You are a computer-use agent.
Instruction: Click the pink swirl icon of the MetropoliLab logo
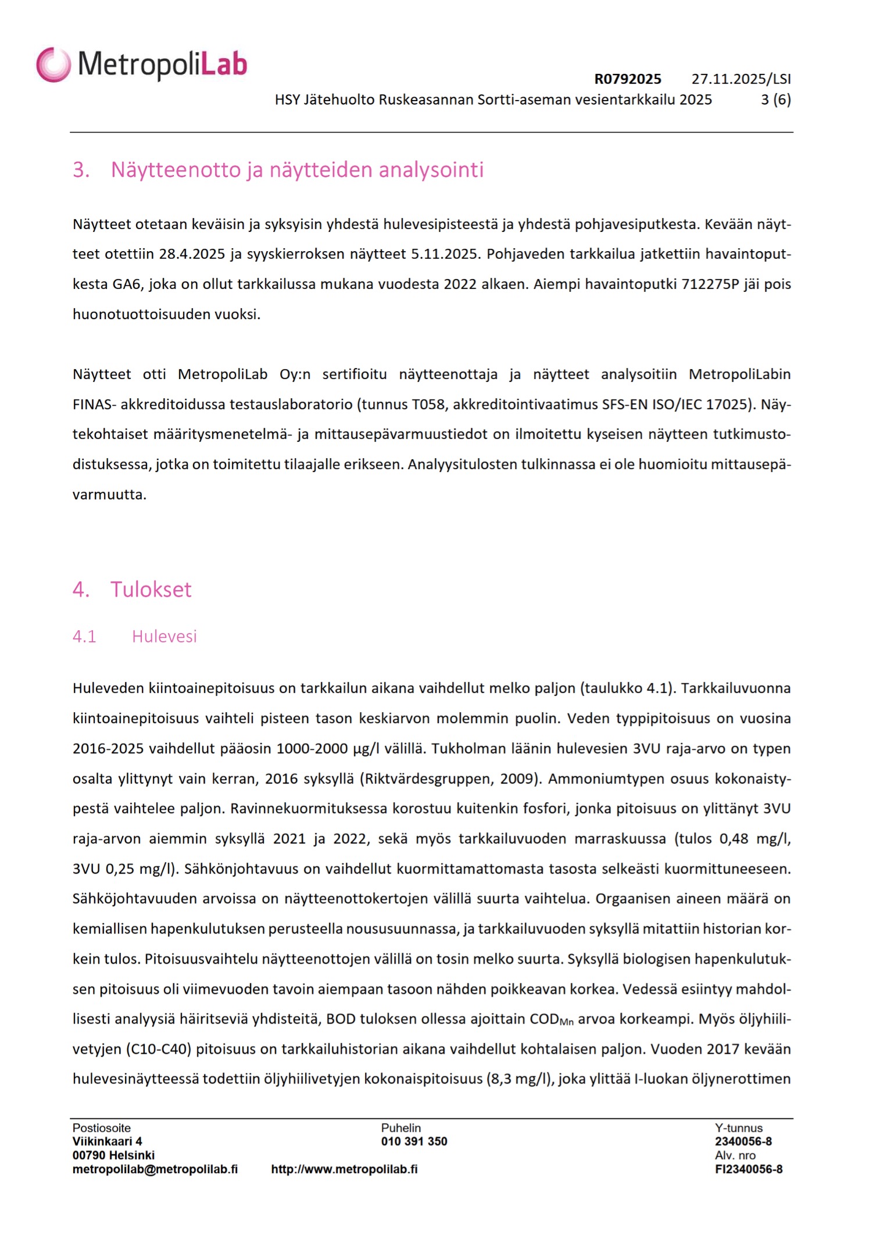(x=53, y=65)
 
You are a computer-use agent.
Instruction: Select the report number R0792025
(x=627, y=79)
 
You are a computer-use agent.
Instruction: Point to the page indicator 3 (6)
(x=775, y=99)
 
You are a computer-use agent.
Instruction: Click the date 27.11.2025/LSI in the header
(x=741, y=79)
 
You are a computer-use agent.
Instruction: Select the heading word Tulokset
(x=151, y=589)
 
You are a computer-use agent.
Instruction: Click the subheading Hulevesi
(x=164, y=637)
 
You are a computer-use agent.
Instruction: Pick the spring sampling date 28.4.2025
(x=192, y=254)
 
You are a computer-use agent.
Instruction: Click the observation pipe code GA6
(x=127, y=284)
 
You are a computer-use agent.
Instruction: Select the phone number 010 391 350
(x=414, y=1141)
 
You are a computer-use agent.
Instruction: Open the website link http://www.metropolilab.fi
(x=344, y=1169)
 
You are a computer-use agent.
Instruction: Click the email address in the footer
(x=155, y=1169)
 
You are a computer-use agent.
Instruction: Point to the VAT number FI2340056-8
(x=749, y=1169)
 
